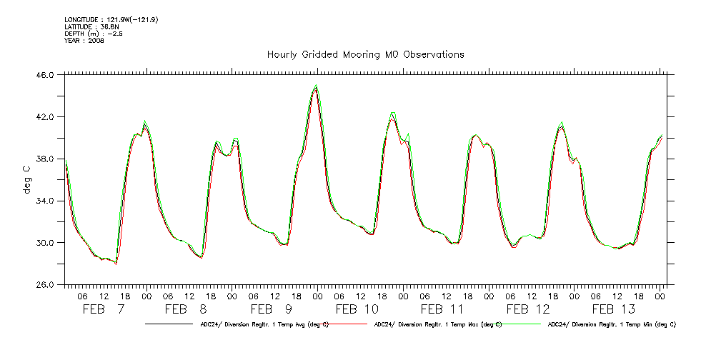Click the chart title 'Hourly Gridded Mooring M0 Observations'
pyautogui.click(x=365, y=54)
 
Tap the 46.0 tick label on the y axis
pyautogui.click(x=44, y=74)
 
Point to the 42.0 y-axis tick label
pyautogui.click(x=44, y=116)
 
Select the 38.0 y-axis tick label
pyautogui.click(x=44, y=159)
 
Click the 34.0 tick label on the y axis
pyautogui.click(x=44, y=201)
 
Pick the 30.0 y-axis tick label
pyautogui.click(x=44, y=243)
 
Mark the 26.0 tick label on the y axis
pyautogui.click(x=44, y=285)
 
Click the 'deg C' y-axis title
pyautogui.click(x=26, y=179)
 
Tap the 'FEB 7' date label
pyautogui.click(x=104, y=309)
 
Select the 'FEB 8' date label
pyautogui.click(x=186, y=309)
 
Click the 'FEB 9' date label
pyautogui.click(x=272, y=309)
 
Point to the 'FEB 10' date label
pyautogui.click(x=357, y=309)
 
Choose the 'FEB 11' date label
pyautogui.click(x=442, y=309)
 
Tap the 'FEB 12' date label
pyautogui.click(x=528, y=309)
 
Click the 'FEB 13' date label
pyautogui.click(x=614, y=309)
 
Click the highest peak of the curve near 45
pyautogui.click(x=316, y=86)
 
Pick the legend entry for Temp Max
pyautogui.click(x=435, y=324)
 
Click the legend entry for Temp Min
pyautogui.click(x=611, y=324)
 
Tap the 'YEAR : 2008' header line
pyautogui.click(x=84, y=41)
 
